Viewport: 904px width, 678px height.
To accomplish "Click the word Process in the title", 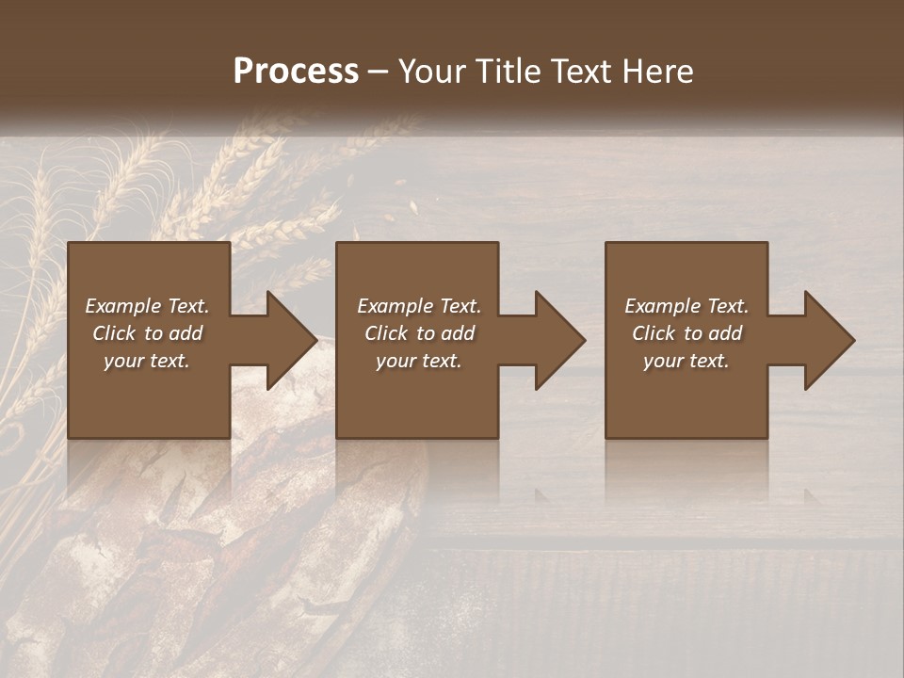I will (296, 72).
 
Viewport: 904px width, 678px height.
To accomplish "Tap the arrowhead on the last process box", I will (828, 340).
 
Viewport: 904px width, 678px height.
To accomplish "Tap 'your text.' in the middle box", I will (419, 361).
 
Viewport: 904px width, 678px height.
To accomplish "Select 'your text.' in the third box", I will (686, 361).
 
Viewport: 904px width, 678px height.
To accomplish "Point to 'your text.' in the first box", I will (147, 361).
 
